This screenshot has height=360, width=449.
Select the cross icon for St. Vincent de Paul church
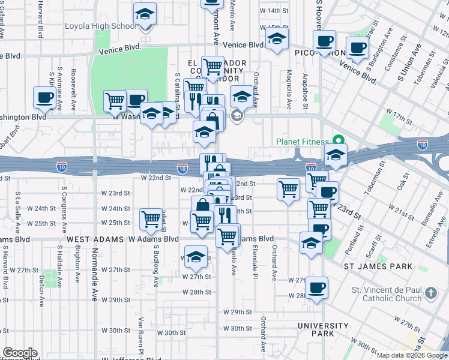[430, 293]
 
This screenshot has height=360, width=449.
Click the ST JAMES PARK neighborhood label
[378, 266]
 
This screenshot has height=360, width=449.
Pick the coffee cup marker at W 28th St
[316, 286]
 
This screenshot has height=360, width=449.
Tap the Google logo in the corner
[19, 353]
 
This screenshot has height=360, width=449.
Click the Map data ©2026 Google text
[412, 355]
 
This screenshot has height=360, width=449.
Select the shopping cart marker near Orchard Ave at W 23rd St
[289, 189]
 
